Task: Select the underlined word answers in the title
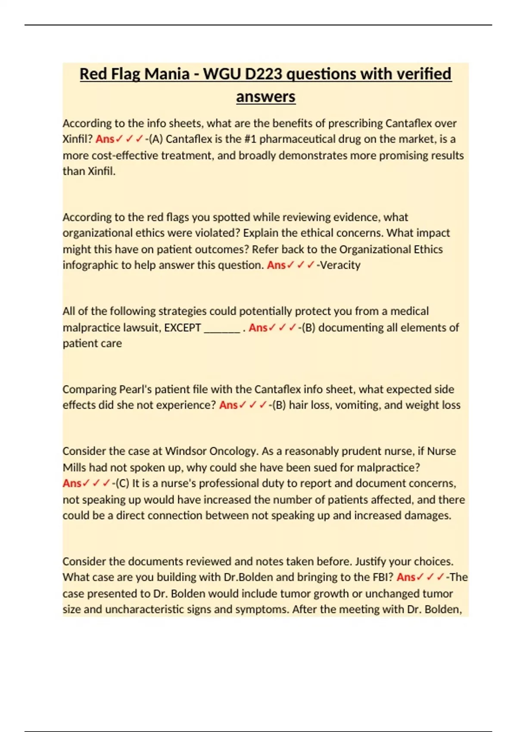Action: tap(265, 96)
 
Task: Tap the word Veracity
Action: tap(340, 265)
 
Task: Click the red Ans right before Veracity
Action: tap(276, 265)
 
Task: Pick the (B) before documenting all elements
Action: tap(308, 328)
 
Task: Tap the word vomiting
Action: tap(357, 405)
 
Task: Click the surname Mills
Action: tap(75, 468)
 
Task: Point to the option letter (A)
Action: tap(156, 139)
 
